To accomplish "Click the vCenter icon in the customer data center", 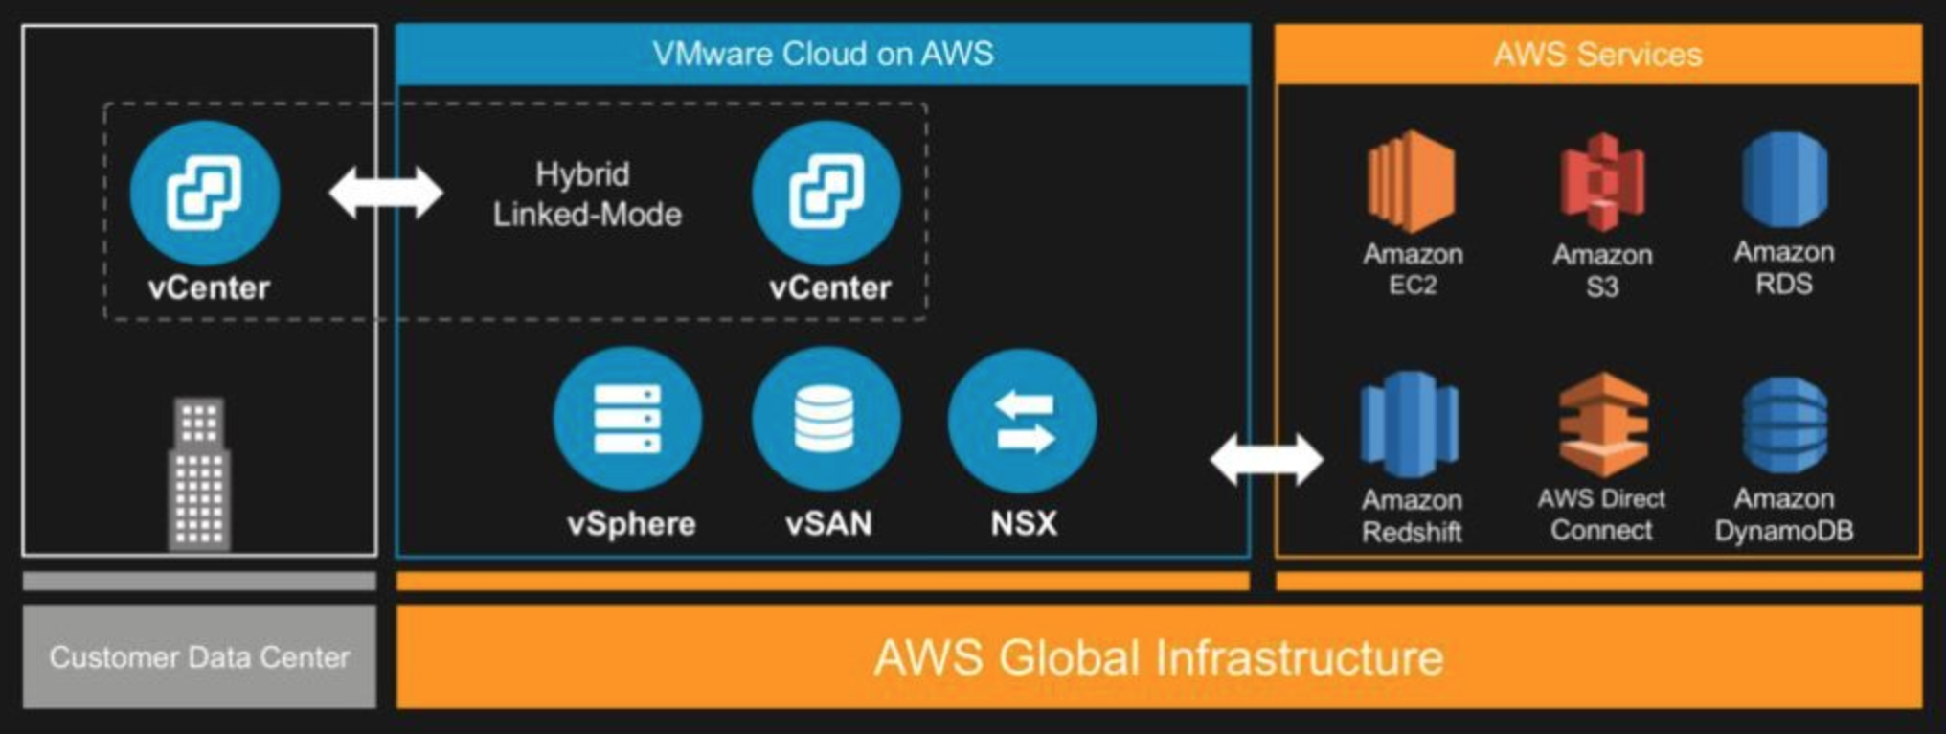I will click(205, 193).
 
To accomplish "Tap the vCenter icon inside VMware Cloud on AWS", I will click(826, 193).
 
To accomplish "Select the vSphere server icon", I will click(627, 419).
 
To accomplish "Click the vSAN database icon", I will click(826, 419).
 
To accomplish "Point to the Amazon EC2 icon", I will click(1412, 181).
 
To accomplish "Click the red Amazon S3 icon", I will click(1602, 182).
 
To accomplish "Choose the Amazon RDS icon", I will click(1784, 179).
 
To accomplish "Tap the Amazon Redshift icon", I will click(1411, 424).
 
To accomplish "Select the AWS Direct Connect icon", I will click(1602, 424).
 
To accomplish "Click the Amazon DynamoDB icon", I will click(1784, 424).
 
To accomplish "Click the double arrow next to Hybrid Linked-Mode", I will click(385, 193).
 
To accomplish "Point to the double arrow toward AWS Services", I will click(1266, 459).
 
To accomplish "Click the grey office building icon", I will click(199, 474).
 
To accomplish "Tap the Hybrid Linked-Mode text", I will click(586, 195).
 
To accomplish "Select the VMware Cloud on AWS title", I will click(823, 54).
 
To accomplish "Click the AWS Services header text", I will click(1597, 55).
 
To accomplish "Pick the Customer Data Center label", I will click(199, 657).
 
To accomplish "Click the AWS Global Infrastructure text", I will click(1158, 658).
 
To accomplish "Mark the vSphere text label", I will click(631, 524).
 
